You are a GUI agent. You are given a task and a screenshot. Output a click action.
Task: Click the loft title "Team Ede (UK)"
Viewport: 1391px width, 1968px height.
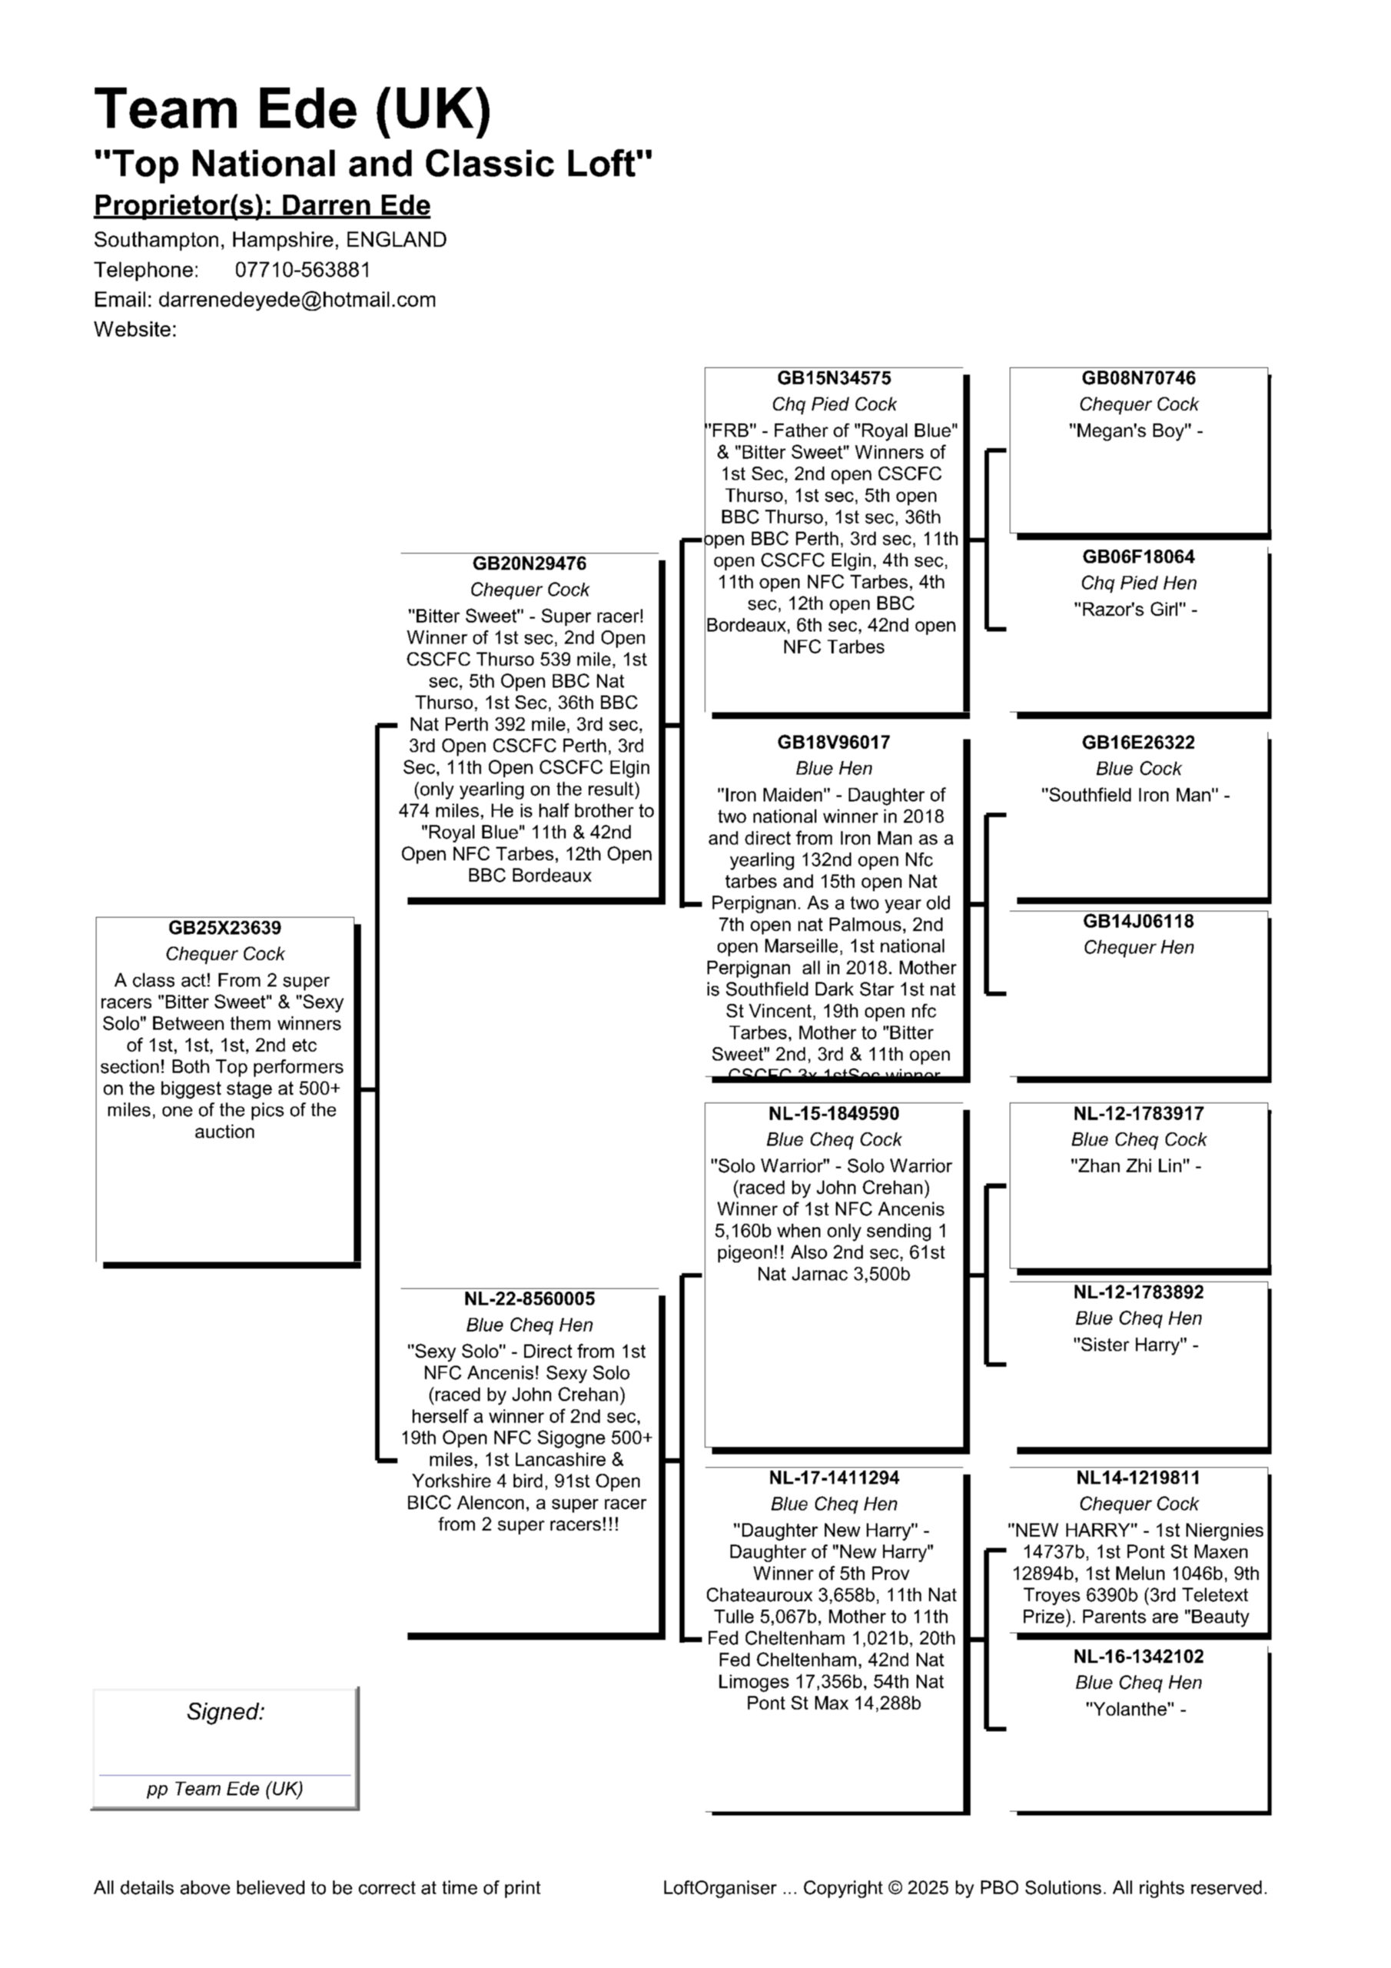click(x=292, y=109)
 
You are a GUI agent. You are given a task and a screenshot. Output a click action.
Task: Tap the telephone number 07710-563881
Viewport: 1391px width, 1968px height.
click(x=303, y=270)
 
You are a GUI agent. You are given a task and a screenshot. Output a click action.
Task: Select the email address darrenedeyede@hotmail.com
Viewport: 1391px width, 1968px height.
click(x=297, y=300)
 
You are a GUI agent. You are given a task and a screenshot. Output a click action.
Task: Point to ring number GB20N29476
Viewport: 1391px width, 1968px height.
click(x=529, y=563)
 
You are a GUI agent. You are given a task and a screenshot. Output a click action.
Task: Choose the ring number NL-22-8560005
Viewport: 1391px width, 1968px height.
click(x=529, y=1298)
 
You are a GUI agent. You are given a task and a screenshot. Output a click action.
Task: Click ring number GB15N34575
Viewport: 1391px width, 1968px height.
click(x=833, y=378)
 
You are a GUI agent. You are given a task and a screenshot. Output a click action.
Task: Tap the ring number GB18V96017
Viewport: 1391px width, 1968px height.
click(x=833, y=743)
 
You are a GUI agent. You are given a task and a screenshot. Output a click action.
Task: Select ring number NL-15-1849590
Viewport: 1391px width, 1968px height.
click(x=833, y=1113)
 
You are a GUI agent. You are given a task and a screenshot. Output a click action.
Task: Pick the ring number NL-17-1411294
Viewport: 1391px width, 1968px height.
click(x=833, y=1478)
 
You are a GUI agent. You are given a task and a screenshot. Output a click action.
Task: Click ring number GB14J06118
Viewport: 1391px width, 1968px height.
click(x=1138, y=922)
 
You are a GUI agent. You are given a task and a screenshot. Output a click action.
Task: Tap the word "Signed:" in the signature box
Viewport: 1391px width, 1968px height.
click(x=225, y=1712)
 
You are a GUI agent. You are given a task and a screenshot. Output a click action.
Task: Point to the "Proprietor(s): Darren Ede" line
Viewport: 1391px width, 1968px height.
click(x=261, y=206)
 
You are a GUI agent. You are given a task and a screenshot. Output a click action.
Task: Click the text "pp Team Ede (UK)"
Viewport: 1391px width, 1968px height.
click(x=224, y=1789)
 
